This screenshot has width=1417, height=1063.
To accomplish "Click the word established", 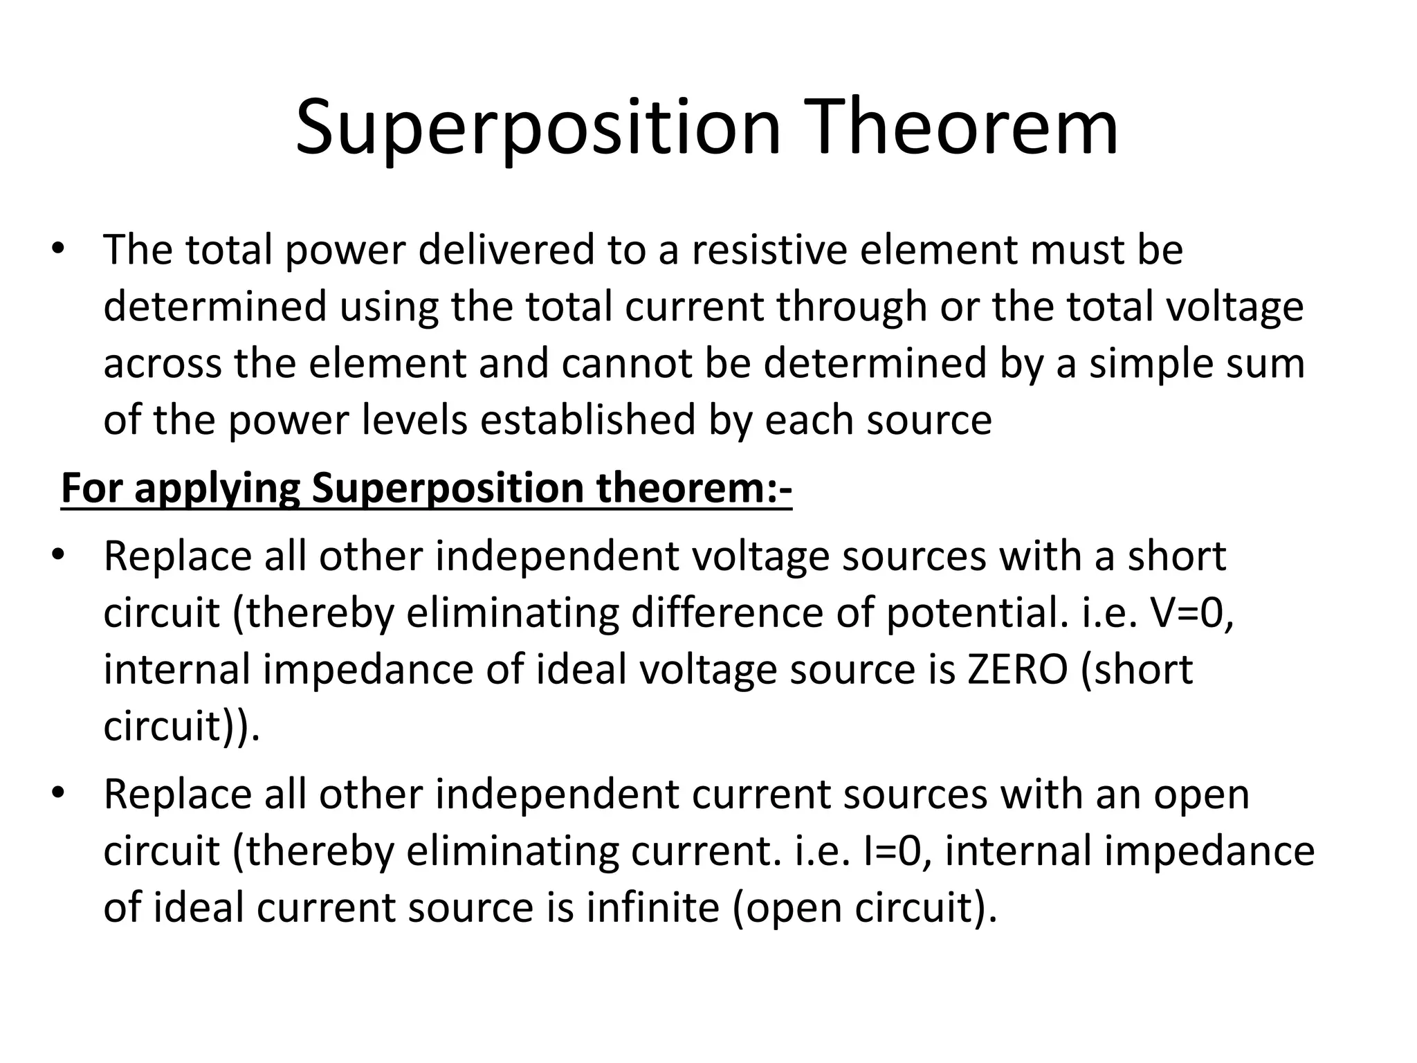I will tap(587, 420).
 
